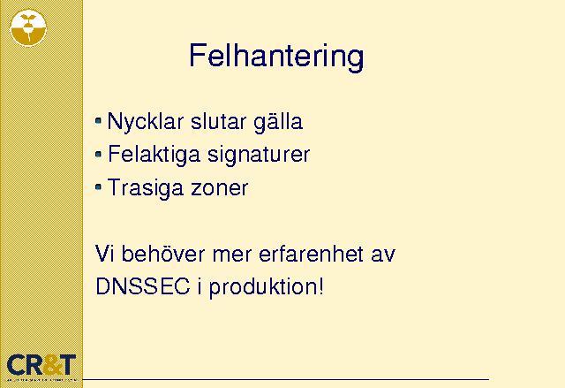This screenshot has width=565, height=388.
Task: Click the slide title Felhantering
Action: pyautogui.click(x=276, y=57)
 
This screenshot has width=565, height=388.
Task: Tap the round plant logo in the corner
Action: pyautogui.click(x=28, y=27)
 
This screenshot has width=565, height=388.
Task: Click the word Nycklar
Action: pyautogui.click(x=146, y=122)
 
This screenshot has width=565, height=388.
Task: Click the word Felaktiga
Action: pyautogui.click(x=154, y=155)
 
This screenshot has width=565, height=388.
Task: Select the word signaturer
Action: pyautogui.click(x=259, y=155)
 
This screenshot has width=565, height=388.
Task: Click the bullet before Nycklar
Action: pyautogui.click(x=98, y=121)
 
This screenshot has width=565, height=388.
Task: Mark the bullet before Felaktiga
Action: pyautogui.click(x=98, y=155)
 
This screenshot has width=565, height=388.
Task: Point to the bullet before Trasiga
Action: pyautogui.click(x=98, y=187)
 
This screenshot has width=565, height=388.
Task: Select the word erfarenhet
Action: pyautogui.click(x=311, y=254)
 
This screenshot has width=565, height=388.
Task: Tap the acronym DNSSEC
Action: pyautogui.click(x=143, y=287)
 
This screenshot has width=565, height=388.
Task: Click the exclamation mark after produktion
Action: pyautogui.click(x=321, y=287)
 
